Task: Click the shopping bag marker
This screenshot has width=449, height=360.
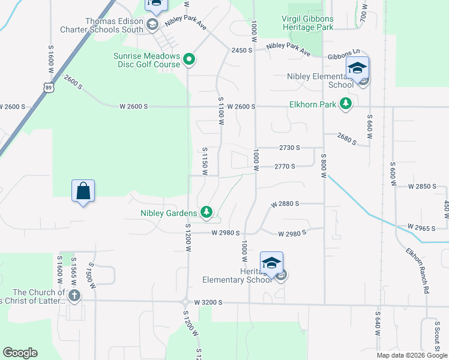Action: coord(83,191)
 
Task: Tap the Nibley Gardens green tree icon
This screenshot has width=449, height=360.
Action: coord(206,212)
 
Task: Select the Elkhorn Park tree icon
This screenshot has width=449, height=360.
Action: coord(346,104)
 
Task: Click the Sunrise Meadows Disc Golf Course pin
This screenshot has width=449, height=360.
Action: coord(189,59)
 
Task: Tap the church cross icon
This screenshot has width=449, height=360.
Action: coord(74,295)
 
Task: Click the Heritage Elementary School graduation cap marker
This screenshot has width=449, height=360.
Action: coord(271,263)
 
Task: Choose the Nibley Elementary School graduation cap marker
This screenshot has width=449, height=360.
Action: coord(357,68)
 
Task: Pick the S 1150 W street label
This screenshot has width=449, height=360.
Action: coord(205,161)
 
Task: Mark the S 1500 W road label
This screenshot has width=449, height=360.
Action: coord(91,275)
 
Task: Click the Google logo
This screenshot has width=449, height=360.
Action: coord(20,353)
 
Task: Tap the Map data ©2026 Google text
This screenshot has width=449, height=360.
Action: coord(411,355)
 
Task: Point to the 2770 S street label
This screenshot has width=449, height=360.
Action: coord(285,166)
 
